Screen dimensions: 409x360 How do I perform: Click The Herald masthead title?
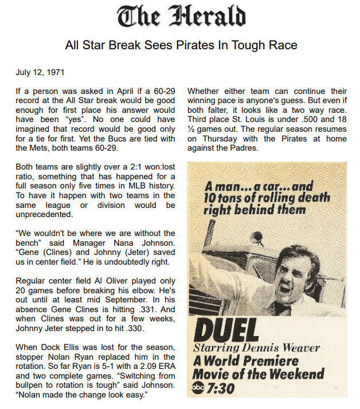[181, 17]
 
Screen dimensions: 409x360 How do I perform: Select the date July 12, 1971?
[40, 73]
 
